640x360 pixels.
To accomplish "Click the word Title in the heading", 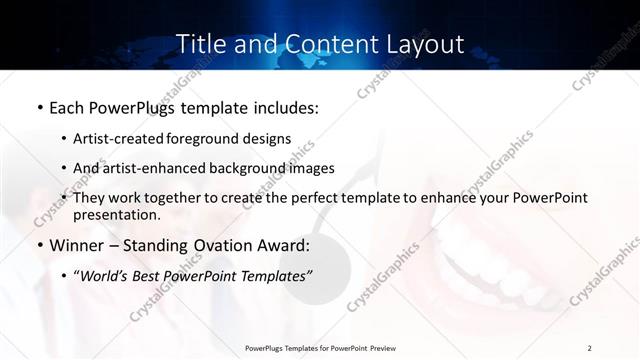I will [200, 44].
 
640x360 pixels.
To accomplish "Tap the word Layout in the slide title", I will [426, 44].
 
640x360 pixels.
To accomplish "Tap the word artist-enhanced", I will [164, 168].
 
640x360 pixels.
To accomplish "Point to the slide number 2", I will [589, 348].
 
